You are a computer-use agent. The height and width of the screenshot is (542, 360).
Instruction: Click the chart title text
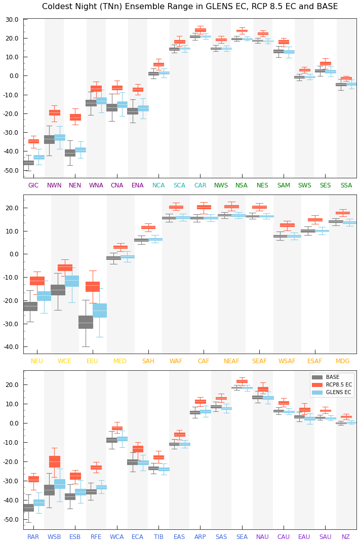click(x=190, y=7)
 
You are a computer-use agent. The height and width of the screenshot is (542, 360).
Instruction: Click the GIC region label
click(x=33, y=185)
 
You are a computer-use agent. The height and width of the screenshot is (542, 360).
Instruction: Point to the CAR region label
click(x=200, y=185)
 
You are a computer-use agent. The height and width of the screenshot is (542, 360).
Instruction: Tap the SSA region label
click(x=346, y=185)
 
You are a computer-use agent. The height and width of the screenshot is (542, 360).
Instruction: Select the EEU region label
click(x=92, y=361)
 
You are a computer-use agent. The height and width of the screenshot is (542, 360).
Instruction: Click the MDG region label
click(x=343, y=361)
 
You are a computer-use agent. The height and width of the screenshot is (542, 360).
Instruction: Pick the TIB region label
click(x=158, y=537)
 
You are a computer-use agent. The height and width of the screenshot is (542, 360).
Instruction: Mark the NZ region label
click(x=346, y=537)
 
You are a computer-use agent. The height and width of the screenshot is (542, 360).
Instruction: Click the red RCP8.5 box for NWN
click(x=55, y=112)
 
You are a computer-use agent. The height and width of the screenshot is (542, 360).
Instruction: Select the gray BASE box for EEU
click(x=86, y=322)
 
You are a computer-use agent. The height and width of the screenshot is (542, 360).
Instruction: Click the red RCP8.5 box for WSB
click(x=55, y=461)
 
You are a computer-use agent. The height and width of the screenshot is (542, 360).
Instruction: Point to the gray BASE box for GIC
click(x=28, y=163)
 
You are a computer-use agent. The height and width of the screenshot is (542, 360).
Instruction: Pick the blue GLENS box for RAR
click(x=38, y=502)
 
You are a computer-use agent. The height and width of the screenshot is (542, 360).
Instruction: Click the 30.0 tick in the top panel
click(x=12, y=19)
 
